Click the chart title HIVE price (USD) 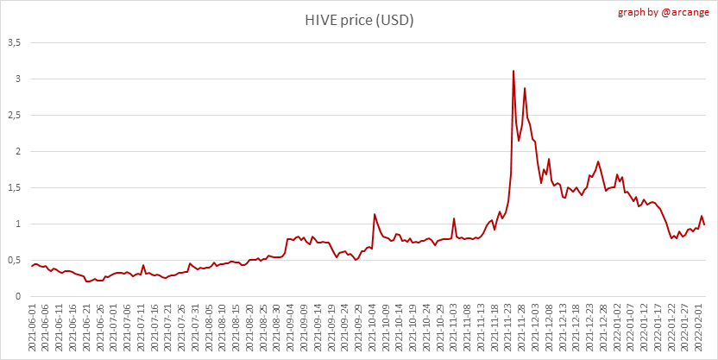[x=359, y=20]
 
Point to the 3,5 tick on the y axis [x=14, y=42]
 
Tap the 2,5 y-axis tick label [x=14, y=115]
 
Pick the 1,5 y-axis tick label [x=14, y=187]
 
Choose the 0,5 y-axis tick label [x=14, y=260]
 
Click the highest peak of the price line [x=513, y=71]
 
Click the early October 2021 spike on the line [x=375, y=214]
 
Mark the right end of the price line [x=704, y=224]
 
